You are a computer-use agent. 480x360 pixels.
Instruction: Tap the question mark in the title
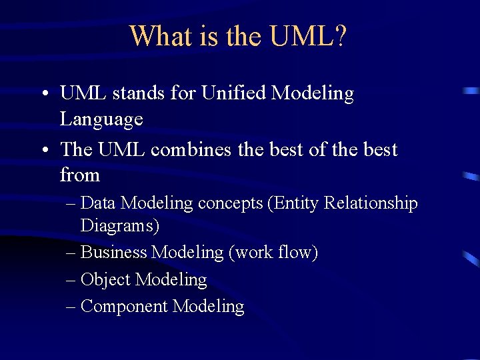pyautogui.click(x=339, y=36)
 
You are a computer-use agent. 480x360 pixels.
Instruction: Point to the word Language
pyautogui.click(x=101, y=120)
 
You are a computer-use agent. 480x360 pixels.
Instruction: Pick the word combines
pyautogui.click(x=192, y=149)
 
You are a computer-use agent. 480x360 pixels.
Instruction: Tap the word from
pyautogui.click(x=79, y=175)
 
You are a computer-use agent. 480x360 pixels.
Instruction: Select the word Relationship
pyautogui.click(x=371, y=203)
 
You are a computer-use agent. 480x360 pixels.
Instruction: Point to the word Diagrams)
pyautogui.click(x=120, y=226)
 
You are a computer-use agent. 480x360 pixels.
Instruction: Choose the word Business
pyautogui.click(x=113, y=253)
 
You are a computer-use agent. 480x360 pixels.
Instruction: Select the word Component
pyautogui.click(x=124, y=306)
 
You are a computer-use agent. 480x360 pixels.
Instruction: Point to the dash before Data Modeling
pyautogui.click(x=71, y=203)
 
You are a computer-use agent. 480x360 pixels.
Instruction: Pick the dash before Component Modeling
pyautogui.click(x=71, y=306)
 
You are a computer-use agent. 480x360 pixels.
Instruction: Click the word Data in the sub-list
pyautogui.click(x=99, y=203)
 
